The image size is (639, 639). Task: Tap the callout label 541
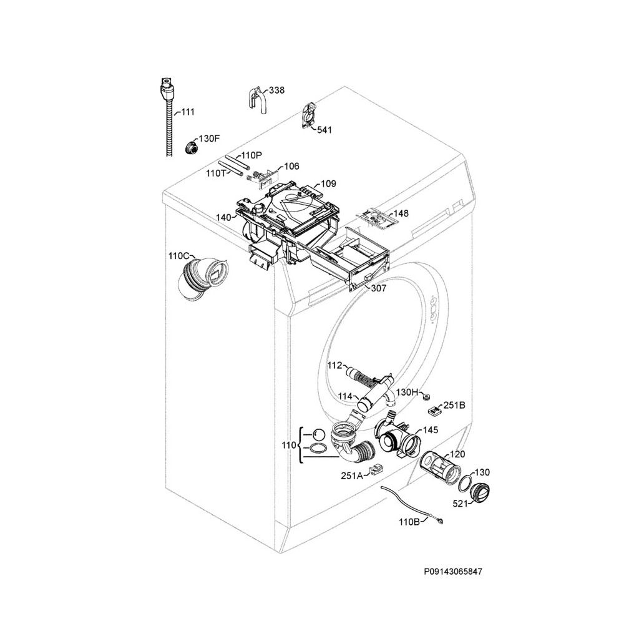click(324, 130)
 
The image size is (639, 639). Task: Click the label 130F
click(209, 138)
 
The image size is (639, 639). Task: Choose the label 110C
click(178, 256)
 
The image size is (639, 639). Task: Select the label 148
click(401, 213)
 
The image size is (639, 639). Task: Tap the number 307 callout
click(378, 288)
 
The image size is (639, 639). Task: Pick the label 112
click(335, 366)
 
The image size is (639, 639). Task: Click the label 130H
click(407, 392)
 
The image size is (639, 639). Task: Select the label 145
click(431, 430)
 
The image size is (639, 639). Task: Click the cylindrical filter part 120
click(438, 466)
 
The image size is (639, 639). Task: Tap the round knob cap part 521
click(481, 494)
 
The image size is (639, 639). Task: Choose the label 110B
click(409, 522)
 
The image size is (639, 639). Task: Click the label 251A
click(351, 476)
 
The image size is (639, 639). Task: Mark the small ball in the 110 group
click(318, 434)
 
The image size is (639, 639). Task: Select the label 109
click(328, 184)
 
